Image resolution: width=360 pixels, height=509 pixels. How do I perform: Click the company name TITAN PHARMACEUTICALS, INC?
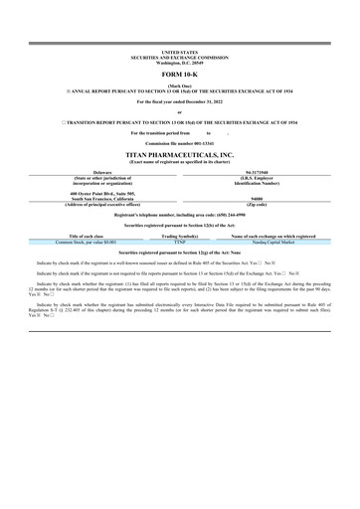179,156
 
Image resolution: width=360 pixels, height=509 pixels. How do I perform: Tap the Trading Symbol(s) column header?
180,236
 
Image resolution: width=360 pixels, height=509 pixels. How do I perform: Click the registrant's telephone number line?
179,214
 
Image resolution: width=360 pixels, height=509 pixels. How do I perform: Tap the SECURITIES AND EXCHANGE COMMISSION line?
179,56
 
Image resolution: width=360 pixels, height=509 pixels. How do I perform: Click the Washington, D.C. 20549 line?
179,61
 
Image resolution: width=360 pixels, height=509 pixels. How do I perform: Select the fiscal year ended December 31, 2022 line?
179,102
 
